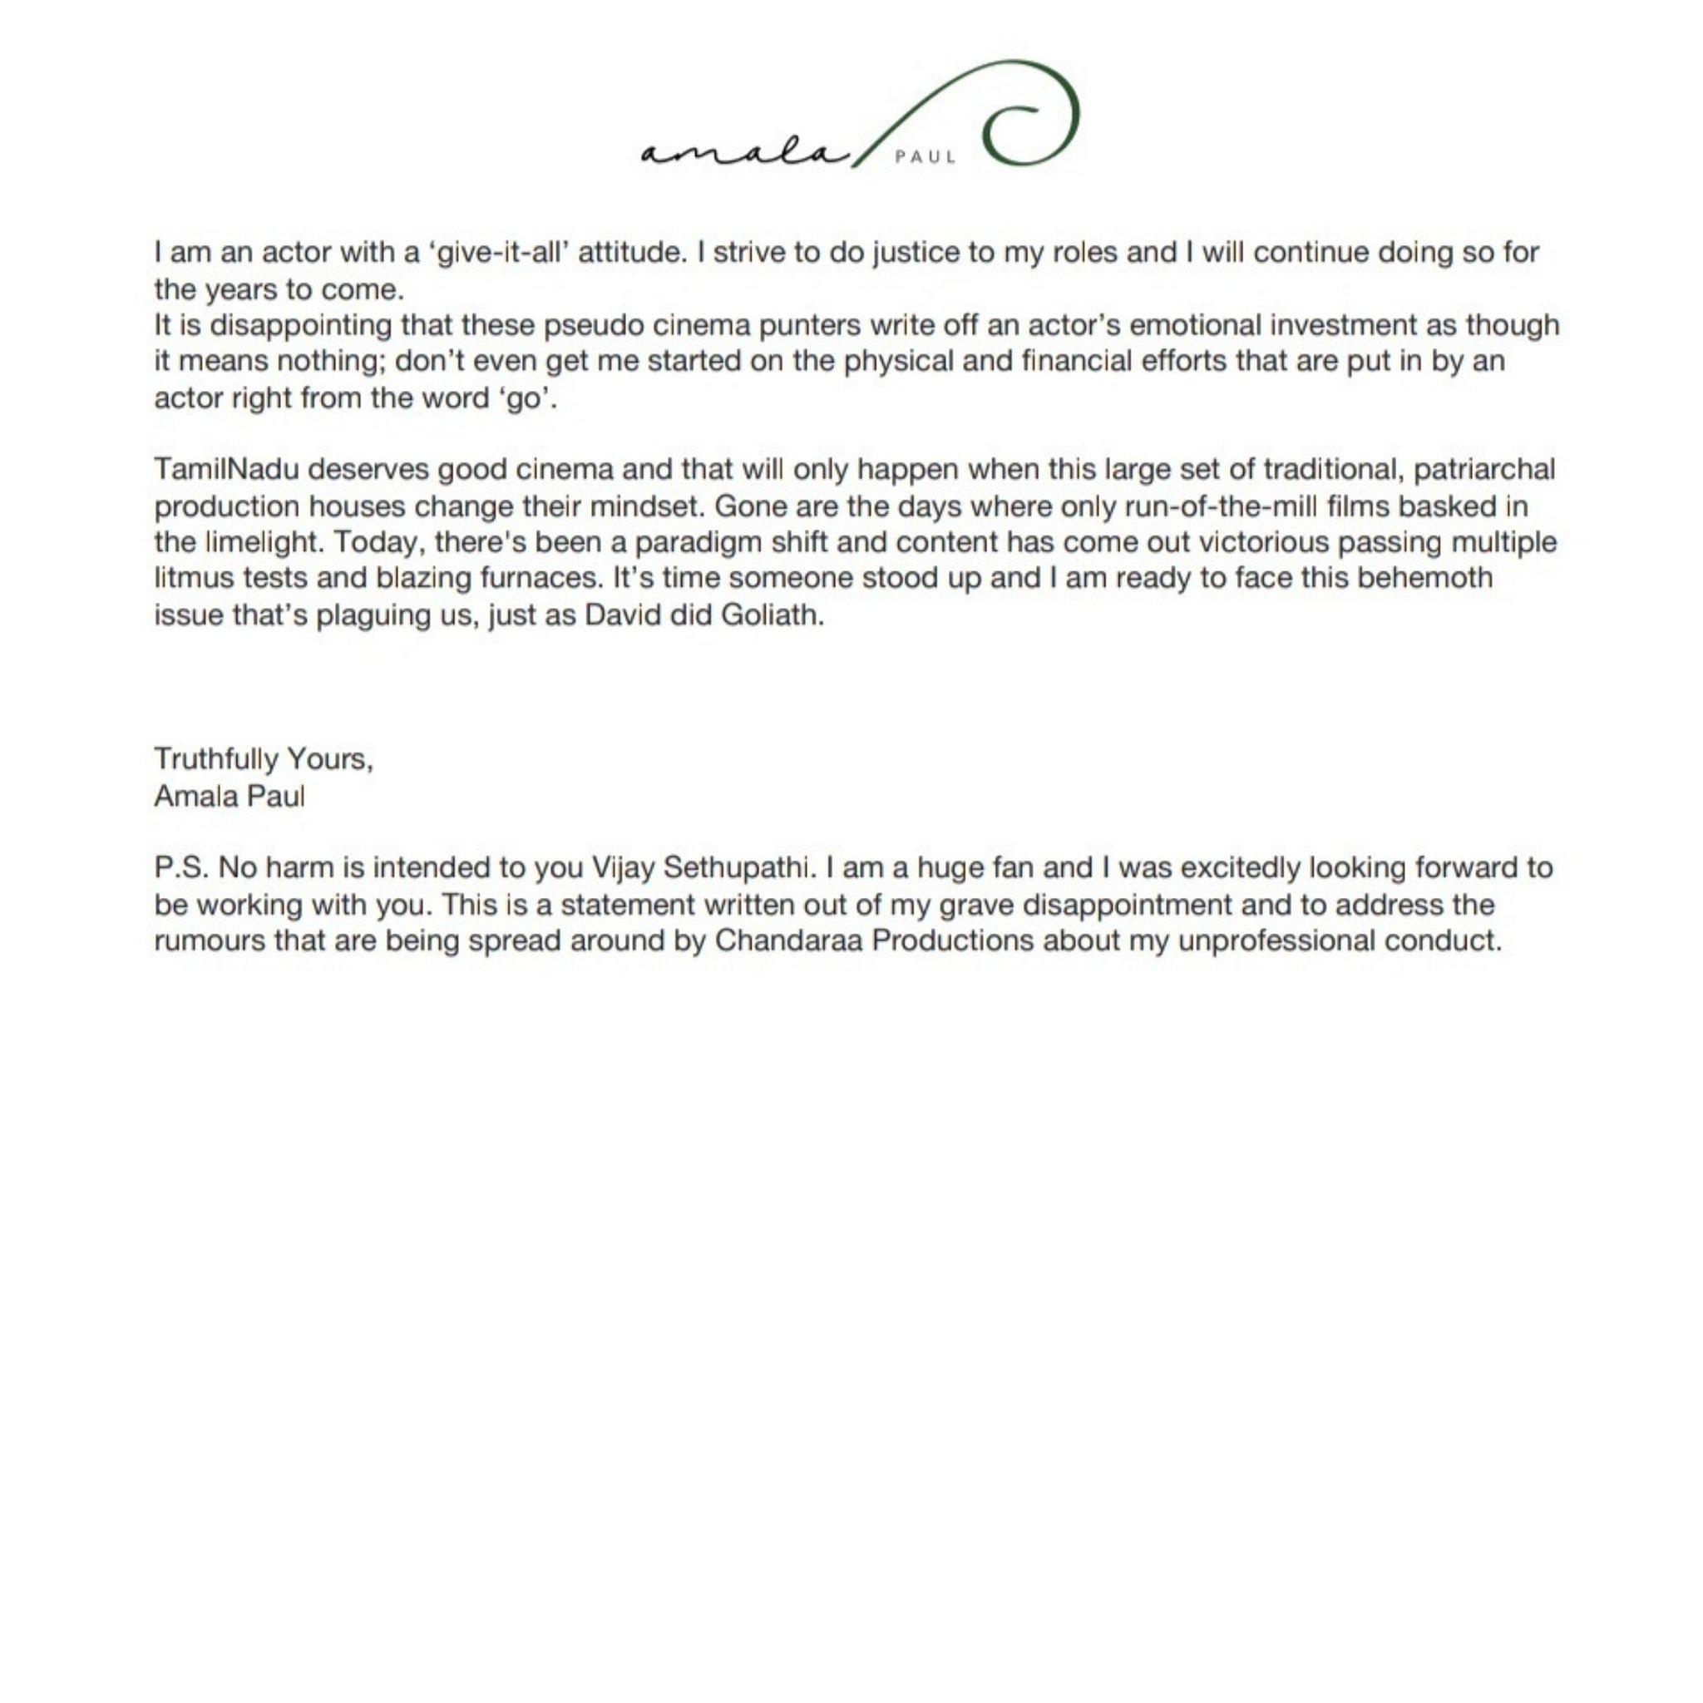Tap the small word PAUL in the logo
click(x=925, y=158)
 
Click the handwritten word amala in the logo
click(x=743, y=152)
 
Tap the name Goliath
click(x=773, y=615)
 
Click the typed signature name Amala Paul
click(x=230, y=797)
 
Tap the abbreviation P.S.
click(x=181, y=868)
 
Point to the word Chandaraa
click(x=788, y=941)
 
